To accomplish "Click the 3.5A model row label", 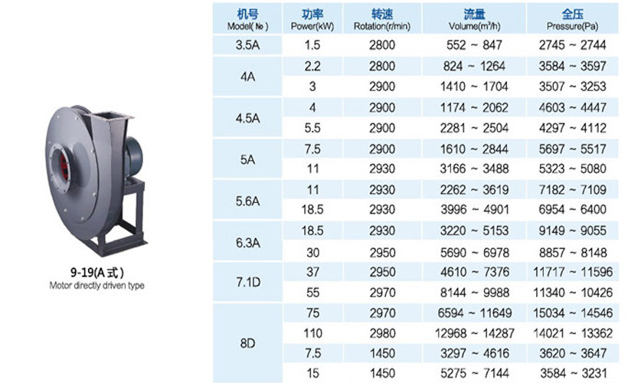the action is [x=247, y=45].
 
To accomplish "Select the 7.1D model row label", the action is [x=248, y=282].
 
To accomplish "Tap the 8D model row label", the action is [x=247, y=343].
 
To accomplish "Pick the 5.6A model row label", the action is [x=247, y=201].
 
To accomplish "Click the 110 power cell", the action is [x=312, y=333].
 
